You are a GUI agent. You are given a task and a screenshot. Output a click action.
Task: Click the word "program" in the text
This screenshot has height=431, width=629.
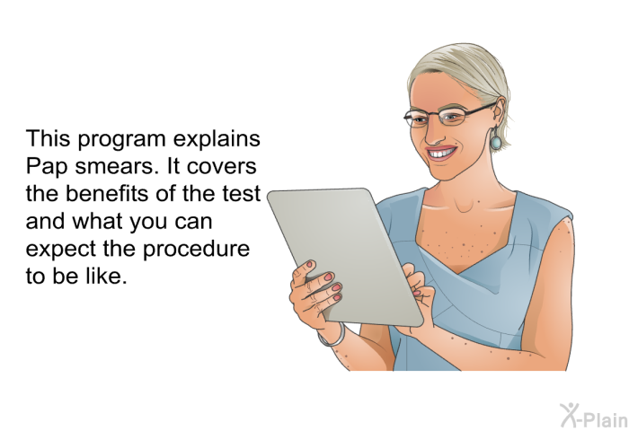[x=121, y=140]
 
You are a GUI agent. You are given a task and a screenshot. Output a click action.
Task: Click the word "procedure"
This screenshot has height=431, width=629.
[x=197, y=250]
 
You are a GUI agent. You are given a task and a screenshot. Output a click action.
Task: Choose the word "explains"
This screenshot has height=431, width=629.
[x=217, y=140]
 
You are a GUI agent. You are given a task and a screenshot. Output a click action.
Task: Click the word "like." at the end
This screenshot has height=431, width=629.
[x=106, y=277]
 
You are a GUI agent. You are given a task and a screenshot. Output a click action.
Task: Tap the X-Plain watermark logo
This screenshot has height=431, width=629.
[x=594, y=416]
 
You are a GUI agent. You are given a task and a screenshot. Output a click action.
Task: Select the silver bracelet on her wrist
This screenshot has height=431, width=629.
[x=332, y=337]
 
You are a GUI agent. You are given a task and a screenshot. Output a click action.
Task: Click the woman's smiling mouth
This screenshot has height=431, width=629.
[x=442, y=153]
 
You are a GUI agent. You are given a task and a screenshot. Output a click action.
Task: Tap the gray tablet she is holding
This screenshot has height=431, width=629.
[x=345, y=258]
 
